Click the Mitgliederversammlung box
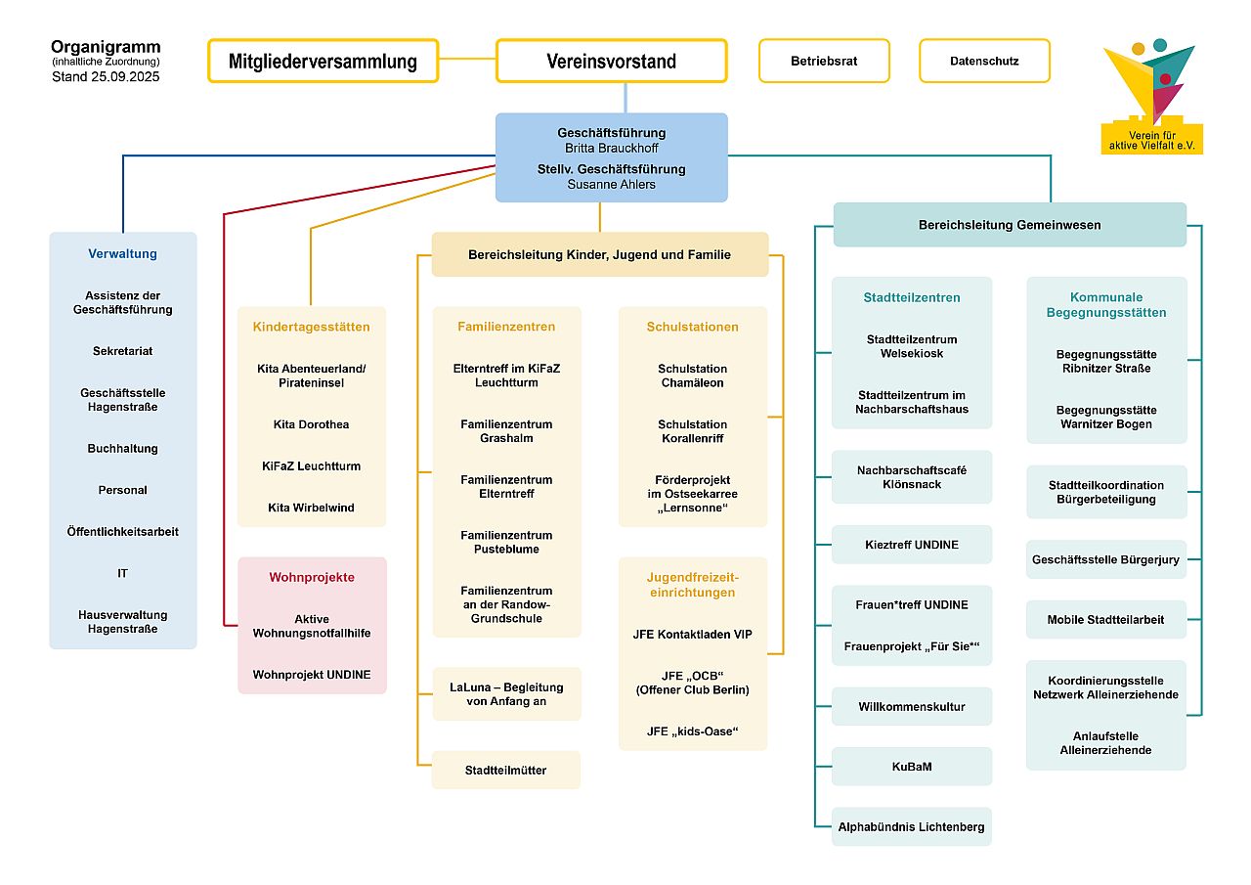coord(323,62)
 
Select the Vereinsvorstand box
coord(611,62)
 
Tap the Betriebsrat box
coord(824,61)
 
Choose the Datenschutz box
coord(984,61)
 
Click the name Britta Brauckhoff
coord(612,148)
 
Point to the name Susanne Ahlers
coord(612,184)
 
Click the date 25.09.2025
coord(125,76)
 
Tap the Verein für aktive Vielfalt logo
coord(1152,98)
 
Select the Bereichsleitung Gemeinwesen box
coord(1010,225)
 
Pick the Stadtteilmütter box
coord(506,771)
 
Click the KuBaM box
coord(912,767)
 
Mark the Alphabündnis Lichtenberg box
coord(912,827)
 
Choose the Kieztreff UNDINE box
coord(912,545)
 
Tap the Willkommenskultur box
coord(912,707)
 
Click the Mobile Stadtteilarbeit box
coord(1105,620)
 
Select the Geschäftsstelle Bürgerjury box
coord(1105,560)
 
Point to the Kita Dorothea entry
coord(311,424)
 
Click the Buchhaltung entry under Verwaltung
coord(122,449)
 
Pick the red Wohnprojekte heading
coord(312,577)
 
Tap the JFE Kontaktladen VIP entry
coord(692,635)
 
